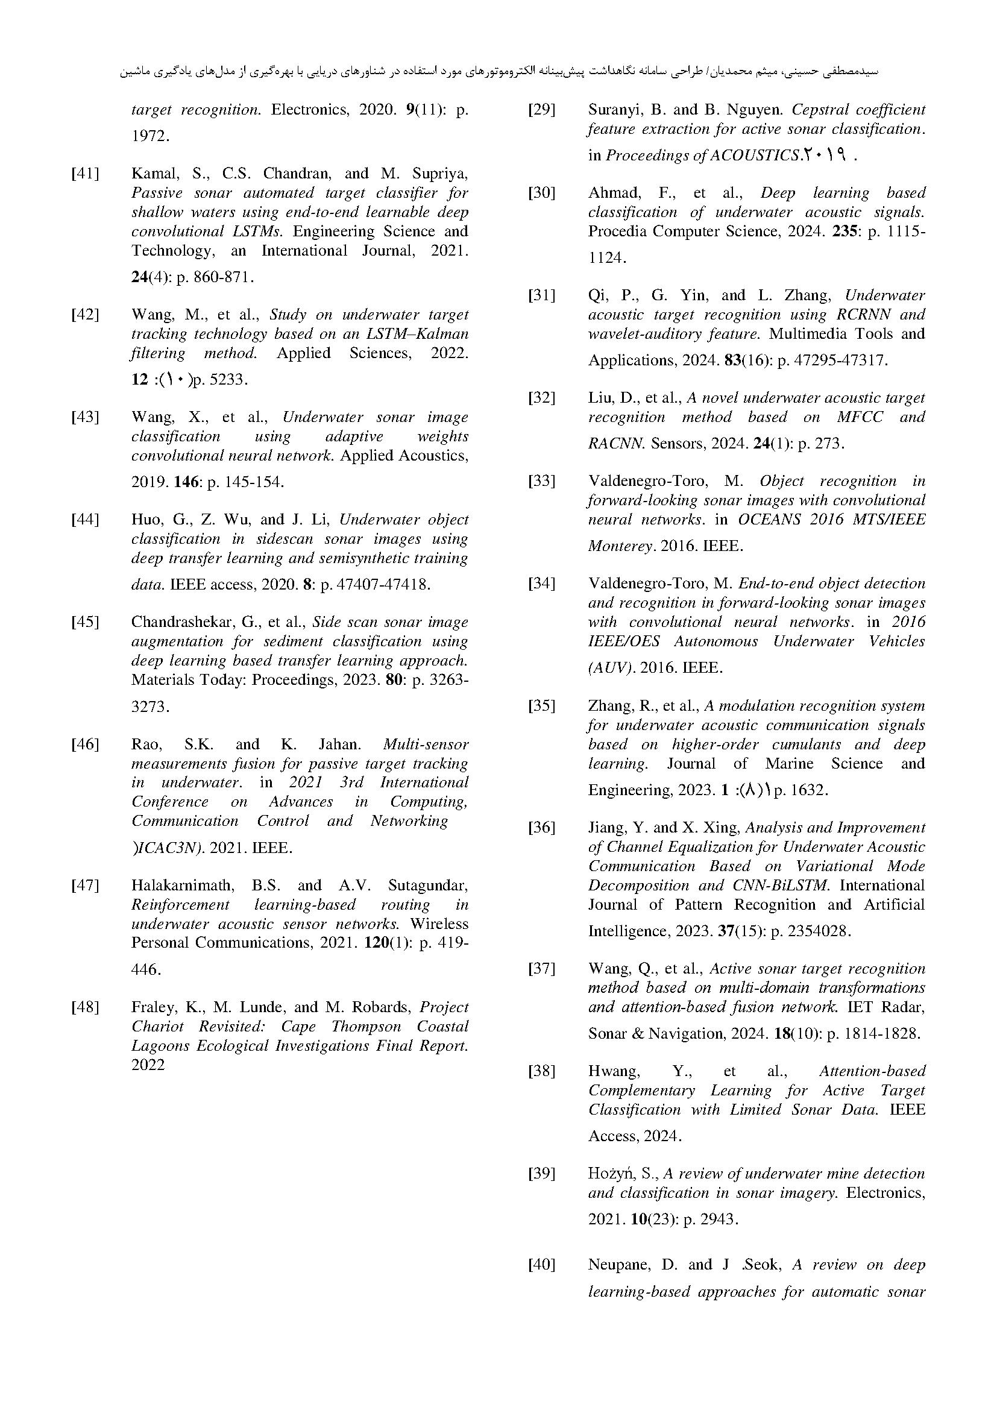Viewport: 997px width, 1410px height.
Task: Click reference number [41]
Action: point(86,174)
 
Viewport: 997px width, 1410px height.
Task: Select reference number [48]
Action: point(86,1007)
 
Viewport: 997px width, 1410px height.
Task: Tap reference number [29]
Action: point(541,110)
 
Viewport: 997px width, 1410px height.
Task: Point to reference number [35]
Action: point(541,706)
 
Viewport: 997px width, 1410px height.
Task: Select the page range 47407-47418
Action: point(375,585)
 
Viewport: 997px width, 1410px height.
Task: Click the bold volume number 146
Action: point(186,482)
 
